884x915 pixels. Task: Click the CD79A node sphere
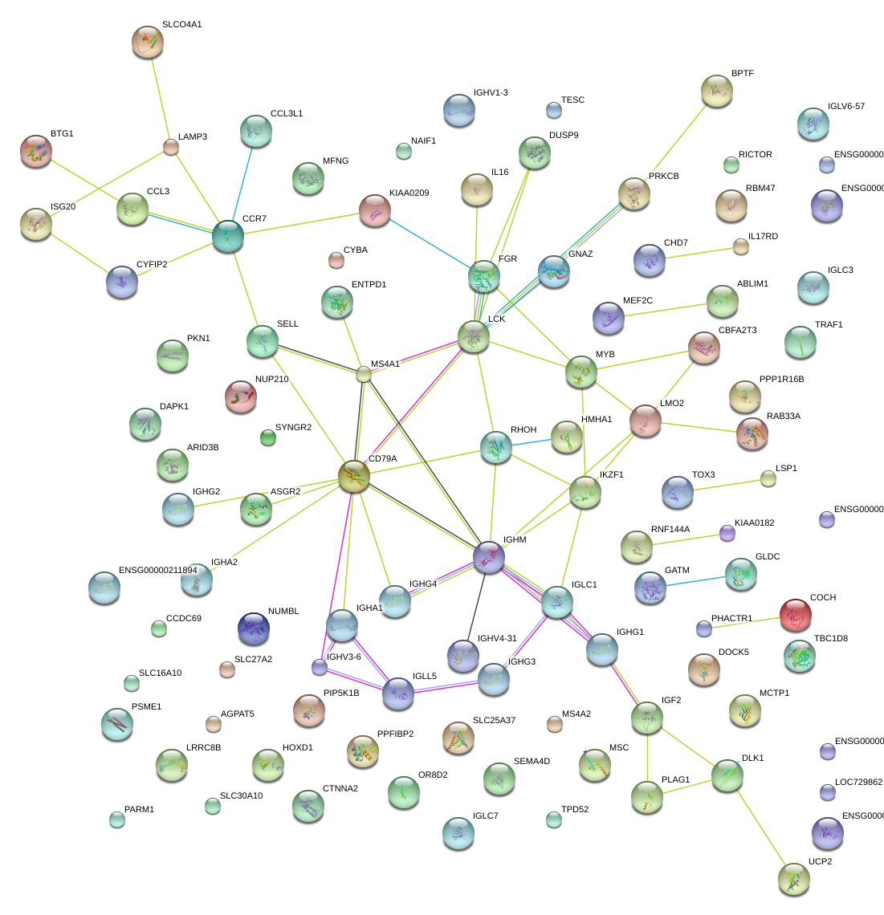point(353,476)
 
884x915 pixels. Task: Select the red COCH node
point(796,615)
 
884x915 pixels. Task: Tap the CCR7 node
point(228,237)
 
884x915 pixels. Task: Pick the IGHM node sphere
point(489,557)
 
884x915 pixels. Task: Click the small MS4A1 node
point(364,373)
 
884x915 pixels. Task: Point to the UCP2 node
point(793,879)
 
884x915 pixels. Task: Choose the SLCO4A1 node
point(148,42)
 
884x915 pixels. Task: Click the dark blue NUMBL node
point(254,628)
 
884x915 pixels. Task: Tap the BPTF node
point(716,91)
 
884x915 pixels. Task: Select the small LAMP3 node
point(171,146)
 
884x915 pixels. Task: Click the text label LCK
point(497,319)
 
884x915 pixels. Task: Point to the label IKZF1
point(611,475)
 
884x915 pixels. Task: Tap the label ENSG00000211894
point(157,571)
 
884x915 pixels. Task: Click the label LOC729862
point(858,782)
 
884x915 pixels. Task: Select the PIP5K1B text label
point(341,693)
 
